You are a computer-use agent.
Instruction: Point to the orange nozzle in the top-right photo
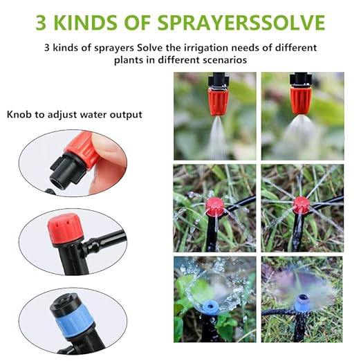click(301, 100)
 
